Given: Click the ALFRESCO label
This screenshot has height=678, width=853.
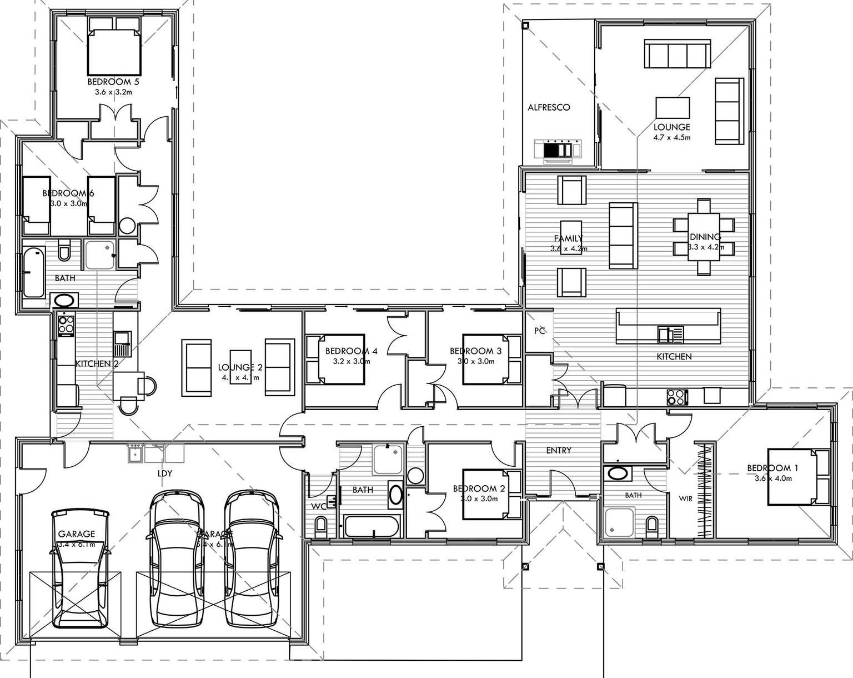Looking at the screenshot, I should [x=549, y=107].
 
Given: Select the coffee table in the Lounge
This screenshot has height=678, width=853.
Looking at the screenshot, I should [x=673, y=107].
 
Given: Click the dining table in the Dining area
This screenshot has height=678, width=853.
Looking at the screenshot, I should [x=704, y=237].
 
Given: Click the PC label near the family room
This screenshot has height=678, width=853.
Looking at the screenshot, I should [x=539, y=331].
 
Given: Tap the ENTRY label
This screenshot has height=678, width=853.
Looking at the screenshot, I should [x=558, y=450].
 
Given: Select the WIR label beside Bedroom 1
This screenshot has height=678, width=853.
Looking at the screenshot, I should [x=685, y=498].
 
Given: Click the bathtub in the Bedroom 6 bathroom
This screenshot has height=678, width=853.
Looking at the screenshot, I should [x=34, y=272].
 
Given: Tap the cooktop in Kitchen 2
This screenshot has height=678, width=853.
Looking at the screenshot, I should [x=66, y=324].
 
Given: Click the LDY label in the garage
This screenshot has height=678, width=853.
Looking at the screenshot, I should [x=164, y=473].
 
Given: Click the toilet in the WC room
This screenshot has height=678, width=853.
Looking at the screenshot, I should [x=321, y=525].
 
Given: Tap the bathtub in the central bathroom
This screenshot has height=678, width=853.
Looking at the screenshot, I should [x=372, y=526].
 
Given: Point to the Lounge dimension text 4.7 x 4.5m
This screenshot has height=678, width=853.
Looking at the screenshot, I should [x=671, y=137].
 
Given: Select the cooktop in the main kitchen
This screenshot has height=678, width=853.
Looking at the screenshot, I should [x=676, y=397].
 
